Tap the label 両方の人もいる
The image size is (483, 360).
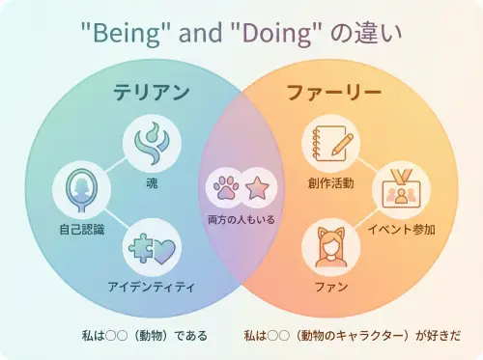(241, 220)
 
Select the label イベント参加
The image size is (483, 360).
(401, 230)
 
